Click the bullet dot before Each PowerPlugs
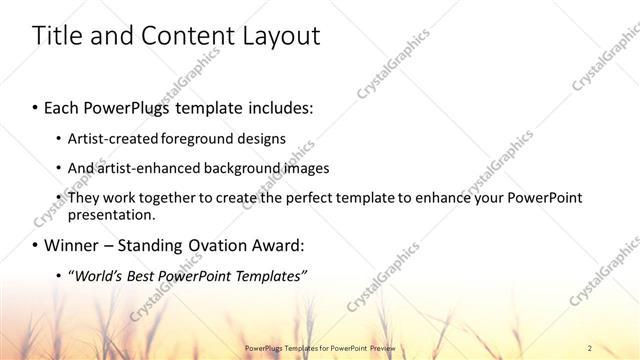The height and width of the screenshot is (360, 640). coord(36,105)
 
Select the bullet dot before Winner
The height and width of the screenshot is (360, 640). coord(36,244)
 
